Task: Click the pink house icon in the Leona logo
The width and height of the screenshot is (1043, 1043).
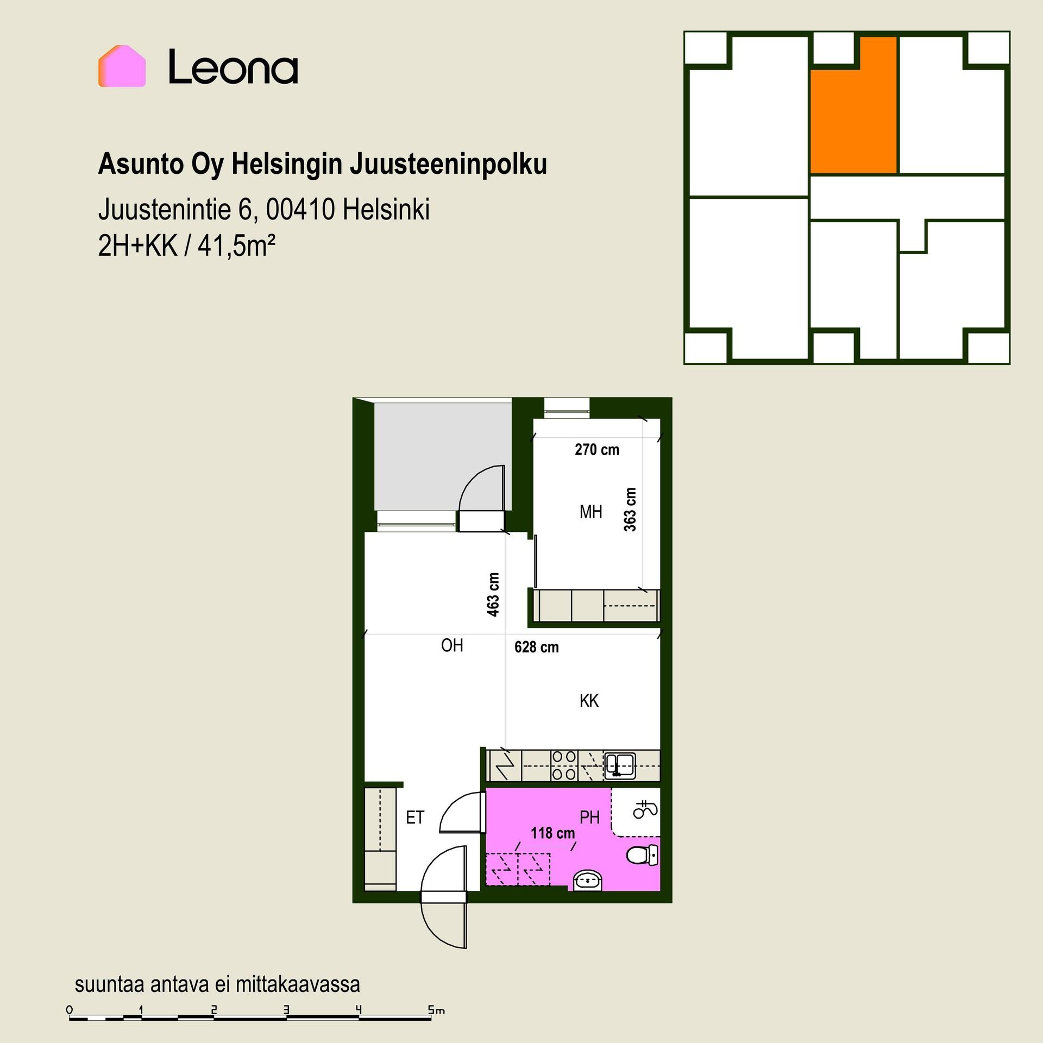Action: click(x=122, y=66)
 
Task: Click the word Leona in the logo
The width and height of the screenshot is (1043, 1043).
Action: click(x=233, y=67)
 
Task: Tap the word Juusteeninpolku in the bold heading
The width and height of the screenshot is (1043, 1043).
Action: click(x=448, y=165)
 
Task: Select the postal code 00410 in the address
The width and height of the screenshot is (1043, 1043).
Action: click(x=300, y=209)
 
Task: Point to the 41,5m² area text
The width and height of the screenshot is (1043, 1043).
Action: click(x=236, y=246)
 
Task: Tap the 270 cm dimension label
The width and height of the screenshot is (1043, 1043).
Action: click(x=597, y=449)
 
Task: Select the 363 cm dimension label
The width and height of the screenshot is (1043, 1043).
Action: click(x=630, y=509)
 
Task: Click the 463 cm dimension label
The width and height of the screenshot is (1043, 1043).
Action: click(x=493, y=594)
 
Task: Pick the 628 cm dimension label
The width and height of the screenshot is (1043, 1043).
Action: click(x=537, y=647)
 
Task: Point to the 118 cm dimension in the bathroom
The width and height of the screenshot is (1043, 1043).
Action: click(x=552, y=833)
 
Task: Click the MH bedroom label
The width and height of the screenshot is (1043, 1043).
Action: click(x=591, y=512)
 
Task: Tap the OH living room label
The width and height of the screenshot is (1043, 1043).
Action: click(x=452, y=645)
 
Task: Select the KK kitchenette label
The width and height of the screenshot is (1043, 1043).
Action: click(x=589, y=701)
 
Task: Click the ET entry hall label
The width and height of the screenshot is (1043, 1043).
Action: click(x=415, y=818)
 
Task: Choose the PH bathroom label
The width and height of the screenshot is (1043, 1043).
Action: click(x=590, y=817)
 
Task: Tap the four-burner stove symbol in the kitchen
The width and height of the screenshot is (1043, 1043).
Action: click(x=564, y=765)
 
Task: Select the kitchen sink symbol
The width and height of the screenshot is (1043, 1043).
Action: click(x=620, y=765)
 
